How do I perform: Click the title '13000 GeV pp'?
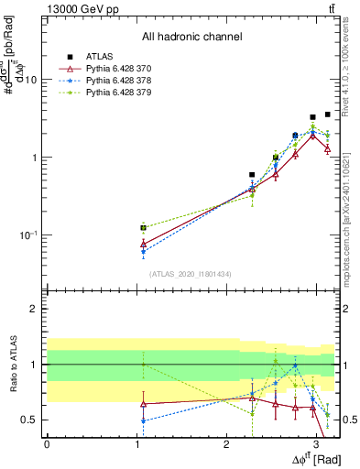pos(80,8)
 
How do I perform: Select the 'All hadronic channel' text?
pos(191,37)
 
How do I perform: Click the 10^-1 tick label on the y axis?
pos(28,235)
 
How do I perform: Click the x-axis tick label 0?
pos(47,442)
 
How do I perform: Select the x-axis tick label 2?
pos(226,442)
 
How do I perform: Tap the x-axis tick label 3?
pos(316,442)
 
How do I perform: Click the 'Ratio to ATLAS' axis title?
pos(13,365)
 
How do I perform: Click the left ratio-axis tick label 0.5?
pos(31,420)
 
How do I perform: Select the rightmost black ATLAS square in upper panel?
pos(328,115)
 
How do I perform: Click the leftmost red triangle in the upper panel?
pos(143,244)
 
